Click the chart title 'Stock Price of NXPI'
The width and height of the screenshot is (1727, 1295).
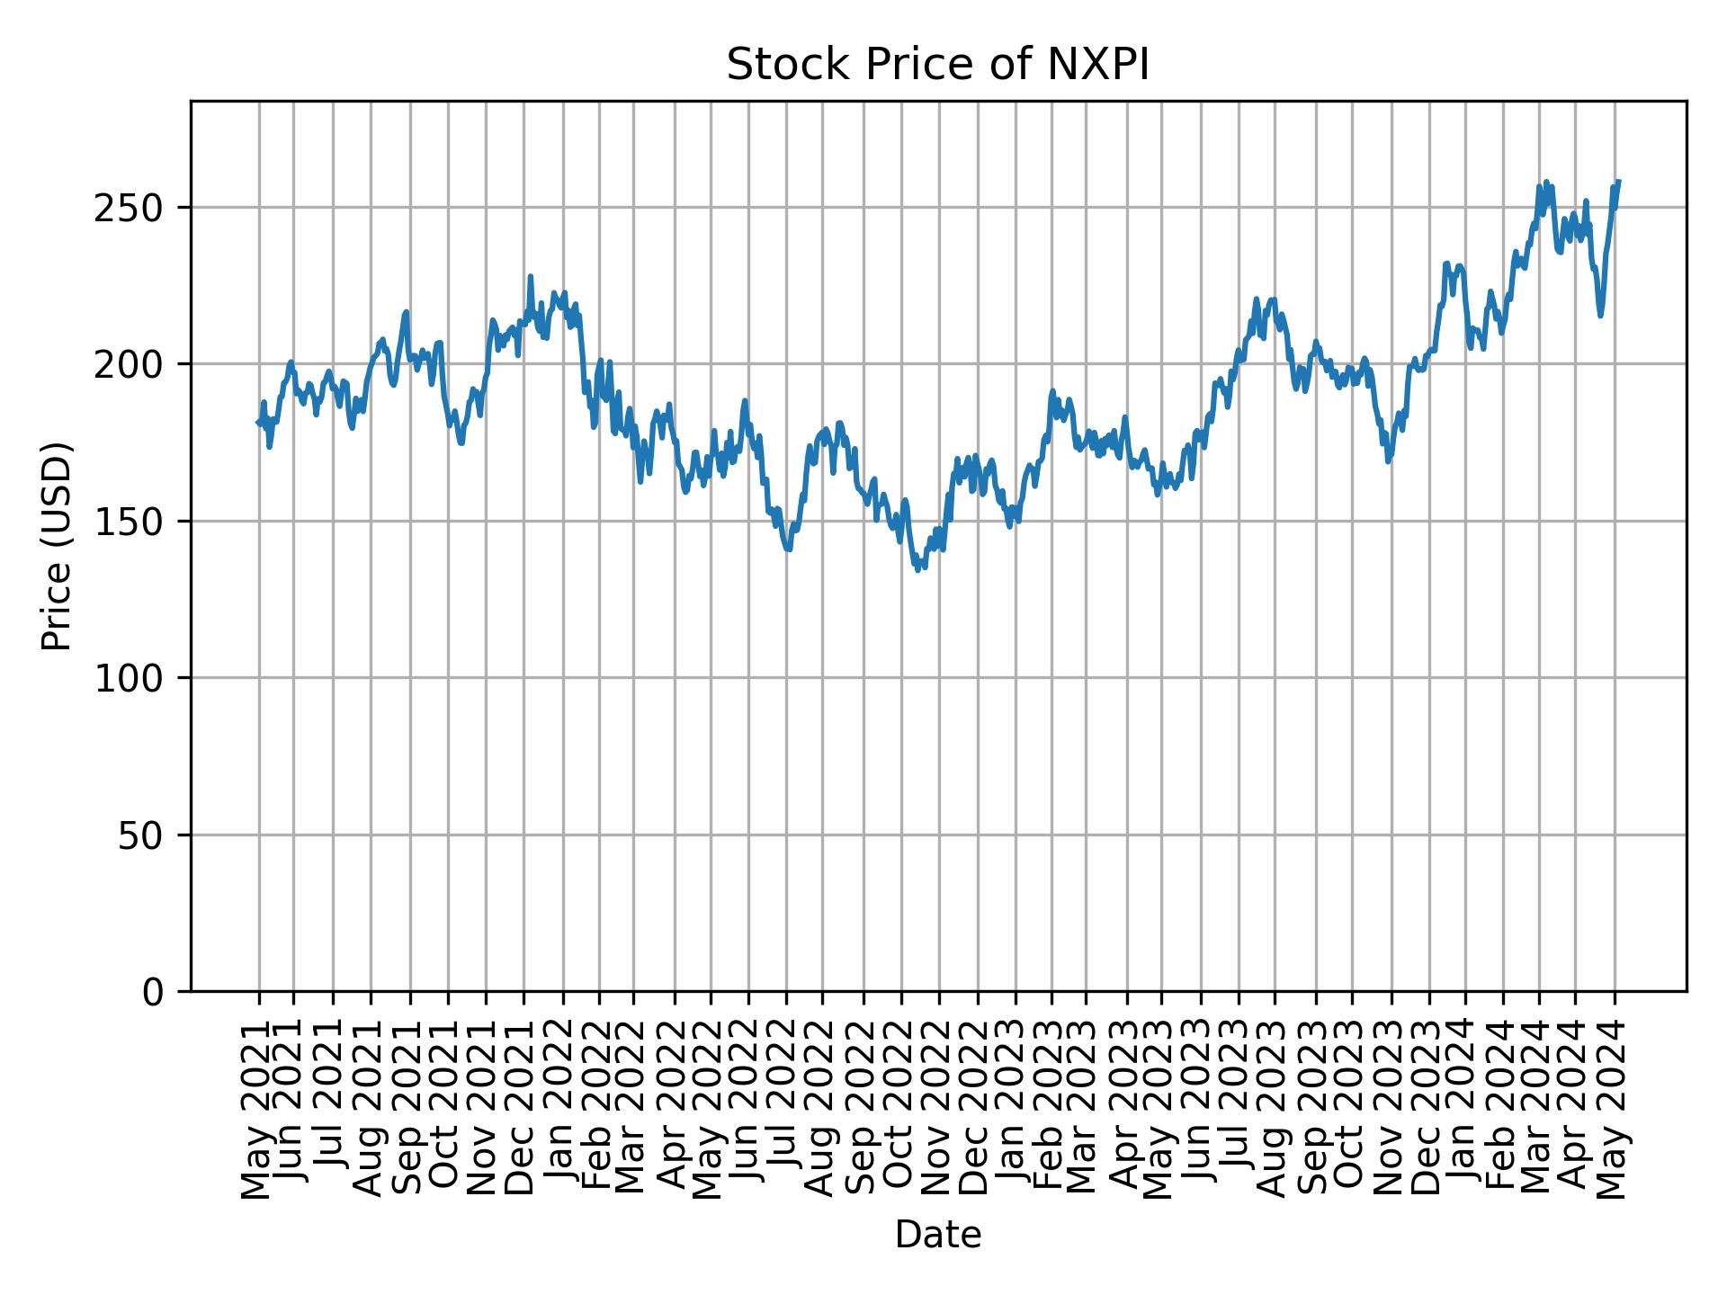pos(937,66)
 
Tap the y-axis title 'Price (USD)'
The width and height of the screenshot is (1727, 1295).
pos(57,546)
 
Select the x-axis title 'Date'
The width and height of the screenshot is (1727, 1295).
pos(937,1235)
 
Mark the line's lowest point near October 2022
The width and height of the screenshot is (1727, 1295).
pos(917,570)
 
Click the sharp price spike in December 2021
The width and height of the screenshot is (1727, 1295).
pos(530,277)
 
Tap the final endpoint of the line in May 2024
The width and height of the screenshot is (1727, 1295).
pos(1618,182)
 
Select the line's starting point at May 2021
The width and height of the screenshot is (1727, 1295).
pos(258,422)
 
